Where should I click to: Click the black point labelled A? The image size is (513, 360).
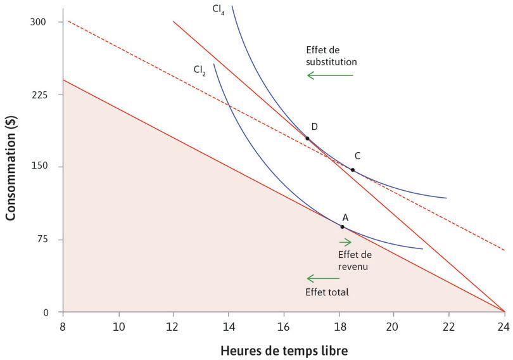pos(342,226)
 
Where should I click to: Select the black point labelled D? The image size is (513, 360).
pos(307,138)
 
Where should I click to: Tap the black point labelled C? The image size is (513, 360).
pos(353,170)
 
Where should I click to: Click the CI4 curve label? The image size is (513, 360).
pos(218,10)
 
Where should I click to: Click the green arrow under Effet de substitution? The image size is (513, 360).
pos(330,75)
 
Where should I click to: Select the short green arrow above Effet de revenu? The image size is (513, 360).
pos(345,241)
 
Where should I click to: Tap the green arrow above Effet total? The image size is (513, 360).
pos(323,278)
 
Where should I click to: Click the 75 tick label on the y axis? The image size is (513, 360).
pos(48,240)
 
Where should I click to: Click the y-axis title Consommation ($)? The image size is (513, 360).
pos(11,167)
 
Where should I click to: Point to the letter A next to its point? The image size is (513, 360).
pos(345,217)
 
